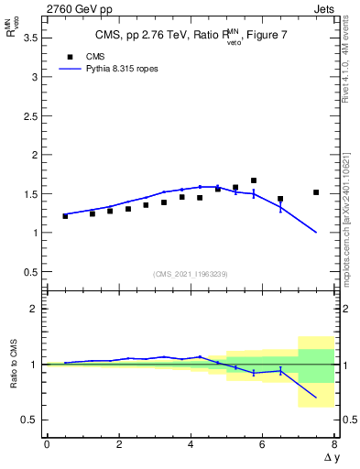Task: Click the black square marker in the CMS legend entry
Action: (x=68, y=56)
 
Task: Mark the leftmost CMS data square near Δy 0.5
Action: (x=65, y=216)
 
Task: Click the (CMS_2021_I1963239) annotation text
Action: (x=191, y=274)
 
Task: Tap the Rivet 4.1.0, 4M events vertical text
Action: (x=350, y=82)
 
